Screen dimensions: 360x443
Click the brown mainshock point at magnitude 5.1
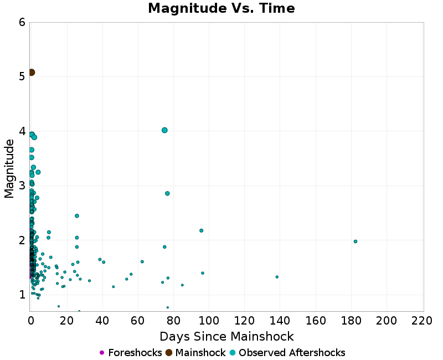(32, 73)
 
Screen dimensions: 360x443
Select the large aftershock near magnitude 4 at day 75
(164, 130)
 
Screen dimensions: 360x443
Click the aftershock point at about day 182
(356, 241)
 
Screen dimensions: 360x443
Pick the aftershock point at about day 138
(277, 277)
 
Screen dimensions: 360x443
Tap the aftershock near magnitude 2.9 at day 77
(167, 193)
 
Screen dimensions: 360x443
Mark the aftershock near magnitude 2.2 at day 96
(201, 230)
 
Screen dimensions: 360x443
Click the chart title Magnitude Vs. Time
(221, 9)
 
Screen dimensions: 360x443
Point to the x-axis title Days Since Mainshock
(226, 336)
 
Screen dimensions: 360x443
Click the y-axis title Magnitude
(9, 168)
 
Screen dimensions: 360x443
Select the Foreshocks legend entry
(131, 353)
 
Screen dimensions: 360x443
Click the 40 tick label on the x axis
(102, 321)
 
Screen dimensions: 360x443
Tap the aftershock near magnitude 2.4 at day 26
(77, 216)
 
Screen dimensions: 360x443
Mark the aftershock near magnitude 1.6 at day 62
(142, 261)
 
